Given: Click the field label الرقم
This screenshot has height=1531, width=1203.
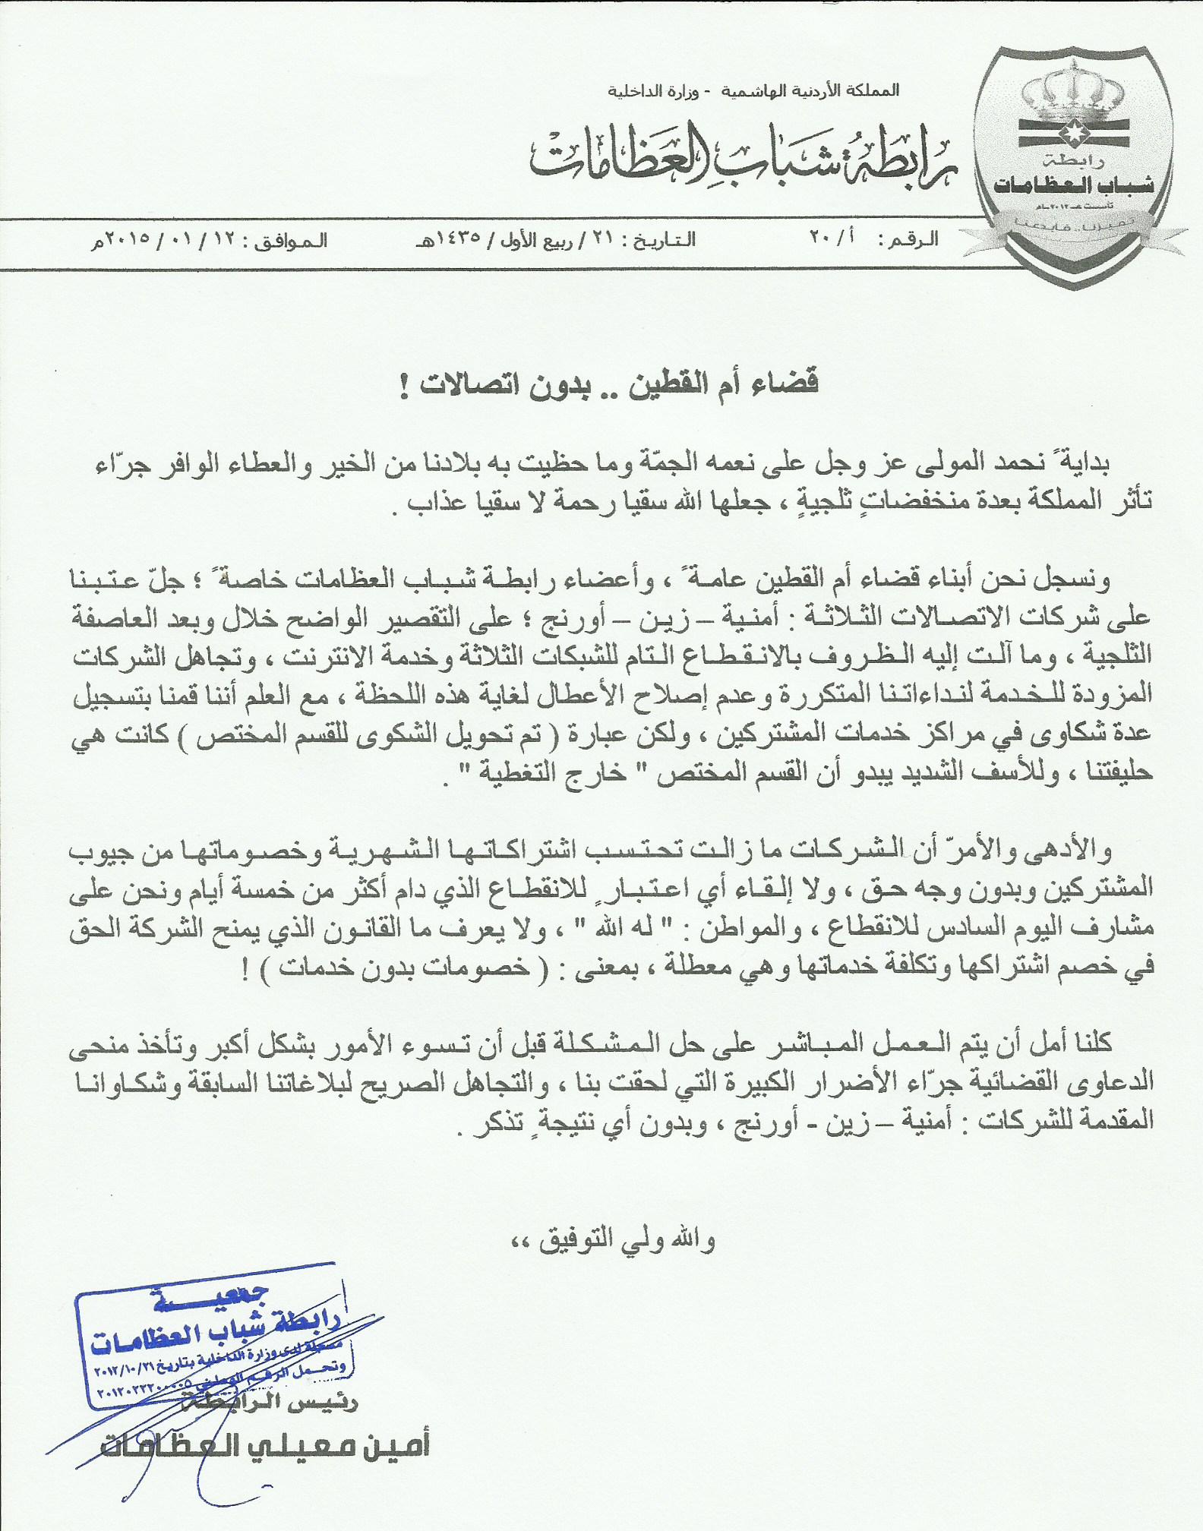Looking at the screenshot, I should pos(917,240).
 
